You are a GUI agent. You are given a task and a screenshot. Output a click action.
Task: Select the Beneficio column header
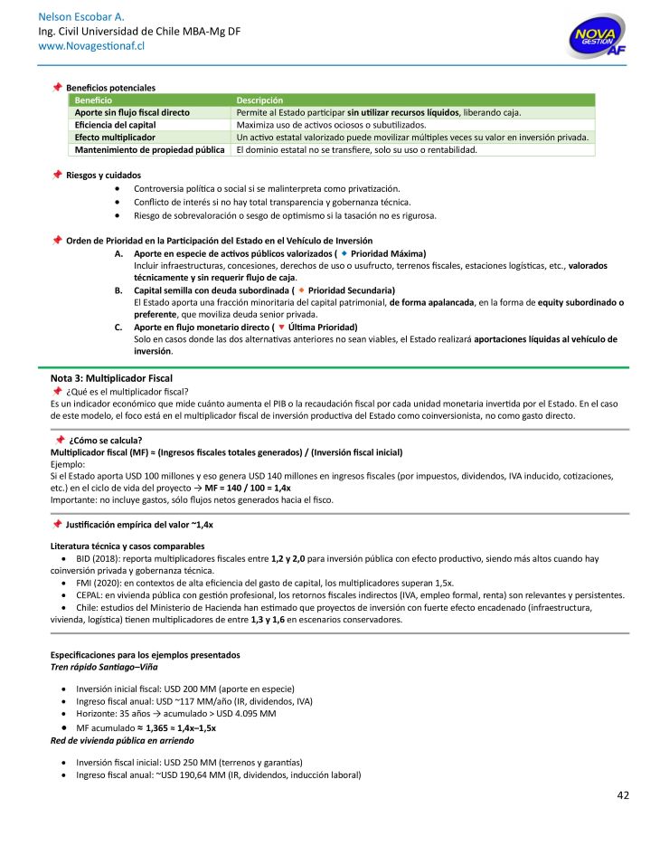(94, 100)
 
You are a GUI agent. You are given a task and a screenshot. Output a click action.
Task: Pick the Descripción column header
(259, 100)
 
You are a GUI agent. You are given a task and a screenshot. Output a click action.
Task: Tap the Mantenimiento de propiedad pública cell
(149, 150)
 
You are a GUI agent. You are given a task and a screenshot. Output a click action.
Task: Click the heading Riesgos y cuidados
(103, 175)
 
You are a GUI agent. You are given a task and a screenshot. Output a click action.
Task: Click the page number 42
(623, 795)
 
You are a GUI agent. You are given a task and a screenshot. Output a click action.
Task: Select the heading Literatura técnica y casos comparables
(127, 546)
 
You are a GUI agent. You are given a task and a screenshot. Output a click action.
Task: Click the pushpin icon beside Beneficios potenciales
(57, 87)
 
